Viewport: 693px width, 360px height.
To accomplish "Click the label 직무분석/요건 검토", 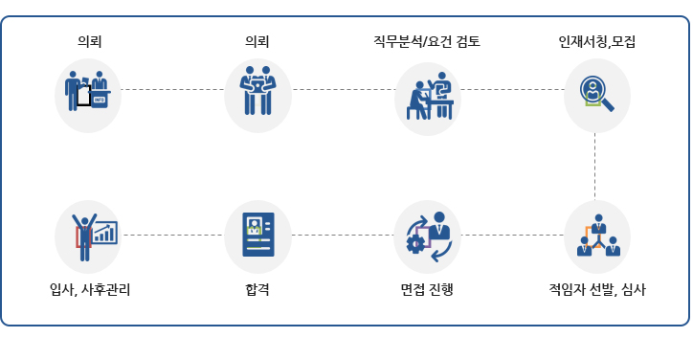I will click(x=427, y=42).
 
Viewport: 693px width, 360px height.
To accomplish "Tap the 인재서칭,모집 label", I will click(x=596, y=42).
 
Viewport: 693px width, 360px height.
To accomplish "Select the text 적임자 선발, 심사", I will click(x=596, y=287).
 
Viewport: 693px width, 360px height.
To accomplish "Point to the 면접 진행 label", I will click(x=427, y=287).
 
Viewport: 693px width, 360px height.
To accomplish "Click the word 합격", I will click(x=257, y=287).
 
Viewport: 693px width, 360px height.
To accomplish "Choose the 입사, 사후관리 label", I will click(x=90, y=287).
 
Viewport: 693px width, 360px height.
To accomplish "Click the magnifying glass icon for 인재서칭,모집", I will click(x=597, y=94).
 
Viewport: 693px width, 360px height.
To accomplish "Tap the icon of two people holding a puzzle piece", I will click(x=257, y=91).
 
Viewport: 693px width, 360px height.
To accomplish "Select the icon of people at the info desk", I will click(x=88, y=91).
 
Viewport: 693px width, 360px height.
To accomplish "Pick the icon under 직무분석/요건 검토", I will click(x=428, y=96).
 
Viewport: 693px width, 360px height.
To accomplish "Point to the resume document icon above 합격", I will click(x=257, y=235).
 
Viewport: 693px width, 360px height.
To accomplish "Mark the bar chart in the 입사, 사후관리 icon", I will click(x=104, y=233).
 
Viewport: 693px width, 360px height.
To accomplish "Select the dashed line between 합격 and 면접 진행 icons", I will click(x=342, y=235).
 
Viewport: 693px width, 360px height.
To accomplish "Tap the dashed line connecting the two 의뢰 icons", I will click(x=172, y=89).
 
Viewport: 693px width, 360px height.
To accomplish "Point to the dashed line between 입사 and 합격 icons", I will click(x=172, y=235).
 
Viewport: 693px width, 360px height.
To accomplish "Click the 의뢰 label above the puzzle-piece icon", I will click(x=257, y=42).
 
